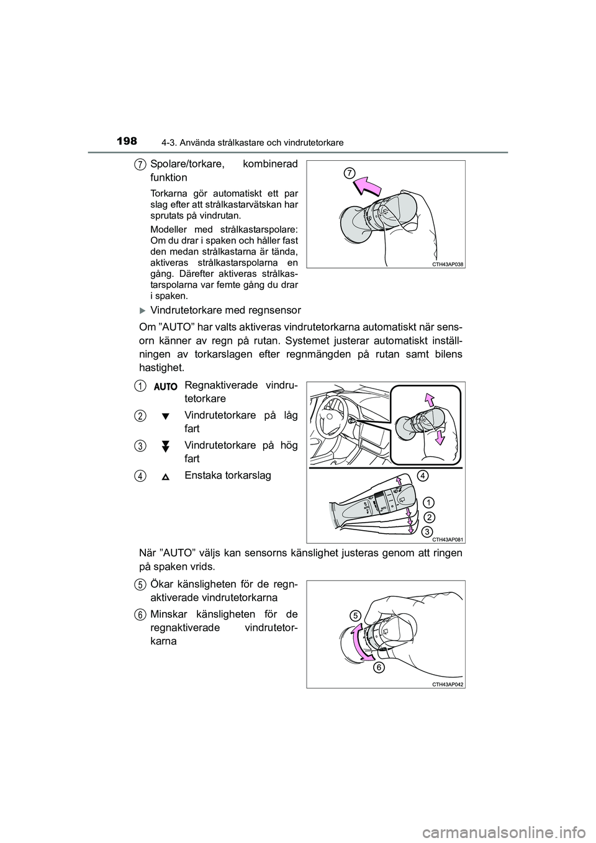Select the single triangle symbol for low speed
tap(166, 416)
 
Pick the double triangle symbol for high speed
tap(166, 445)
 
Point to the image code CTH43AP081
tap(448, 539)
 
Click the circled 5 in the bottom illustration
tap(354, 615)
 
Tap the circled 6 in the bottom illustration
tap(379, 668)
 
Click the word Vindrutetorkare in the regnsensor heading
tap(184, 310)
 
